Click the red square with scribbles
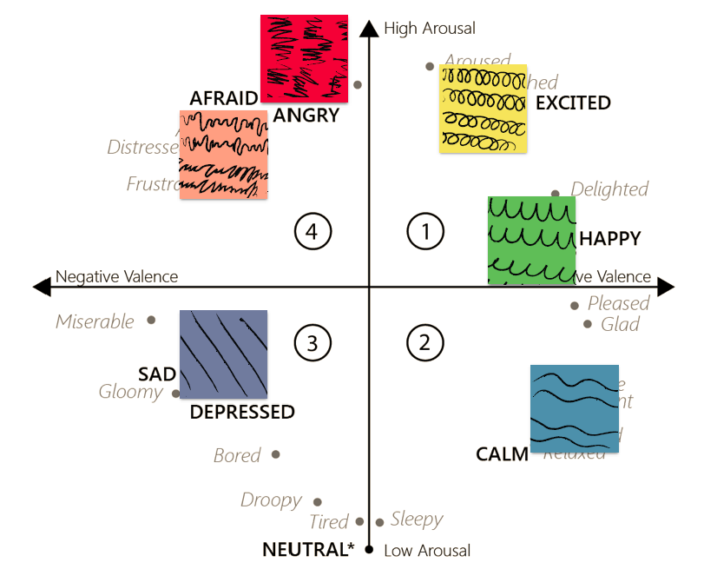(304, 58)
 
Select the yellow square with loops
(483, 109)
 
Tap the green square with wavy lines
(531, 240)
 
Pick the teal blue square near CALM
(575, 408)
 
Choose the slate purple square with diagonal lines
(223, 354)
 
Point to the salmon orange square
(223, 155)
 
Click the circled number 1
(425, 231)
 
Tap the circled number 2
(424, 342)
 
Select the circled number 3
(313, 342)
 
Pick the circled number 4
(313, 231)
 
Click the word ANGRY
(306, 115)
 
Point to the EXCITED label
(573, 103)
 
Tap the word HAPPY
(609, 238)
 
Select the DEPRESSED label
(242, 412)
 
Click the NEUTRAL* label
(309, 549)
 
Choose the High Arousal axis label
(430, 29)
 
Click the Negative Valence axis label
(116, 277)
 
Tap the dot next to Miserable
(151, 320)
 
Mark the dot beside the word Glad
(588, 324)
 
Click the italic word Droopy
(271, 500)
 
